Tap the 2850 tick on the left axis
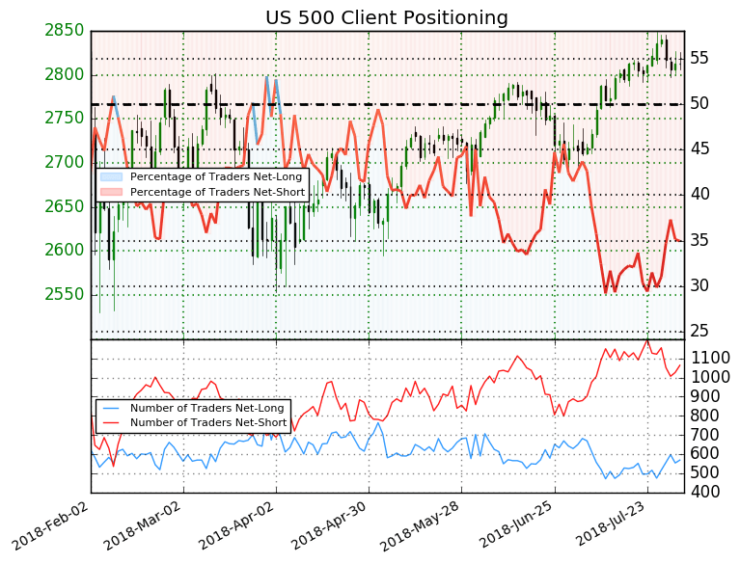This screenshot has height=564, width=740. click(x=64, y=31)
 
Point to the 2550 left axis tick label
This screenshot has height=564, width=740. click(x=64, y=294)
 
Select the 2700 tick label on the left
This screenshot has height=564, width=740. click(x=64, y=162)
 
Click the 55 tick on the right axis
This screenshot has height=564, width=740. click(x=699, y=58)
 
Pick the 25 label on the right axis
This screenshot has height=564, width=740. click(x=699, y=331)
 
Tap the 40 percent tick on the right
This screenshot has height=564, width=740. click(x=699, y=194)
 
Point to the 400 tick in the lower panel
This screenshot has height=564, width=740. click(x=704, y=492)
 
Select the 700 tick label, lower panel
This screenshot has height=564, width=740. click(x=704, y=435)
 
